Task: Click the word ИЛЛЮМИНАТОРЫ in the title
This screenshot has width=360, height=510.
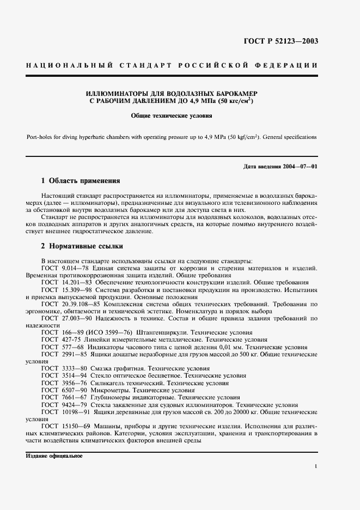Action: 115,93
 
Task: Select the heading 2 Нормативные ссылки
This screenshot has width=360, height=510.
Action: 82,246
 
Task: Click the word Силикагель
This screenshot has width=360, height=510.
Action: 108,382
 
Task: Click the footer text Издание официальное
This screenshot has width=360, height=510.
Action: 54,456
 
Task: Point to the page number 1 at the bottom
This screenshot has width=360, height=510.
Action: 316,467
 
